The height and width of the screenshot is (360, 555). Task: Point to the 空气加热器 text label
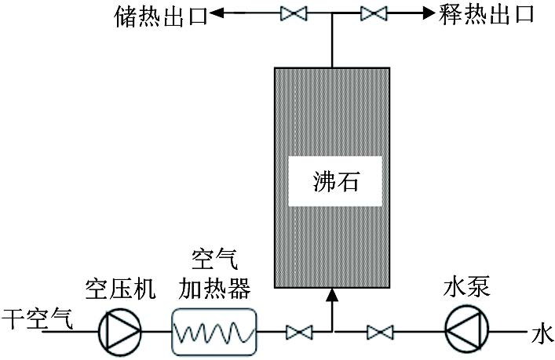(x=214, y=275)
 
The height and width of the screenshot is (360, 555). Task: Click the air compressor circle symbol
(x=120, y=330)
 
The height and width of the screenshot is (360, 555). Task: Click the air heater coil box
(x=214, y=330)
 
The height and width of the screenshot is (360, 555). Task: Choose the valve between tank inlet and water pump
(x=381, y=333)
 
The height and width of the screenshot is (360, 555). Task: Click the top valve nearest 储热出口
(x=295, y=13)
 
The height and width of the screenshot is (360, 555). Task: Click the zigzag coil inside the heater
(x=214, y=332)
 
